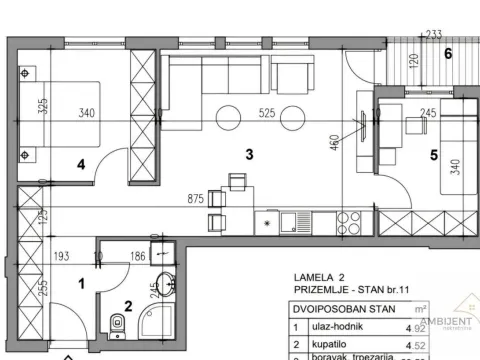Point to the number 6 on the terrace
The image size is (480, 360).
pos(449,52)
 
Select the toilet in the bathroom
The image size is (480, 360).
pos(118,322)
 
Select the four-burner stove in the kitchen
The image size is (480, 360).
pos(349,219)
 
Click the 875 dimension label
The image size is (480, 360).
pos(182,199)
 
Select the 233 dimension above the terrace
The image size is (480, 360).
pos(434,34)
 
